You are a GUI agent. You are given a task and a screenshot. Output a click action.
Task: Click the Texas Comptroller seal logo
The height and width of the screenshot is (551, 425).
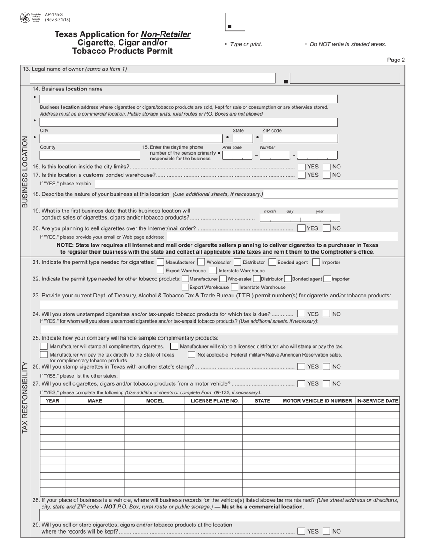(25, 18)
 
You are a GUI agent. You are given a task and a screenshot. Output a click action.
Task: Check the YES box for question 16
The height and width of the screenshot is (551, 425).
(302, 167)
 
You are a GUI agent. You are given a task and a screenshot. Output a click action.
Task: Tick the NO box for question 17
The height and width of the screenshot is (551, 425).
(327, 175)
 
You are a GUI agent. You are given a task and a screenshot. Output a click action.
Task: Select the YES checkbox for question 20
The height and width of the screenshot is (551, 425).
(302, 228)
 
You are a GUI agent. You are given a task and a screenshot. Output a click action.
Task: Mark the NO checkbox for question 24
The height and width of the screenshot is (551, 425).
(327, 314)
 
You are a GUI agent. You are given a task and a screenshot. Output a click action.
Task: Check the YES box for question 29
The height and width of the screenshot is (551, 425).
(302, 531)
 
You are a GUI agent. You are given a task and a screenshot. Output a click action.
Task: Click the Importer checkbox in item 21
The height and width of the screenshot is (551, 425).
(316, 263)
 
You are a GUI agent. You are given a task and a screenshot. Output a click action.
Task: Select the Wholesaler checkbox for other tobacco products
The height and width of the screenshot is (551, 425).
(223, 279)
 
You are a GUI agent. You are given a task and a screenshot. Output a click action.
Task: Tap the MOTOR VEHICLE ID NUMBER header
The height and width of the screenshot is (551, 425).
(318, 401)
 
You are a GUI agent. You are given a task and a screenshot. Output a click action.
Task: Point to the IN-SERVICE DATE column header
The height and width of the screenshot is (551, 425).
(377, 401)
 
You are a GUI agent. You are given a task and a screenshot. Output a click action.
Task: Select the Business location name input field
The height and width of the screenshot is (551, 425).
(188, 99)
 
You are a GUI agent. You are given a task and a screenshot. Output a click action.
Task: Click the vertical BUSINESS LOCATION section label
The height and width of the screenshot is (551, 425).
(25, 172)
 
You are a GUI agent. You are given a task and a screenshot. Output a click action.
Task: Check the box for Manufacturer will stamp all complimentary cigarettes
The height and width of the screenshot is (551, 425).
(44, 347)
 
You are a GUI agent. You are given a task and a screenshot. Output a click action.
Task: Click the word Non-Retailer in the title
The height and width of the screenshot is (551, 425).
(166, 34)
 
